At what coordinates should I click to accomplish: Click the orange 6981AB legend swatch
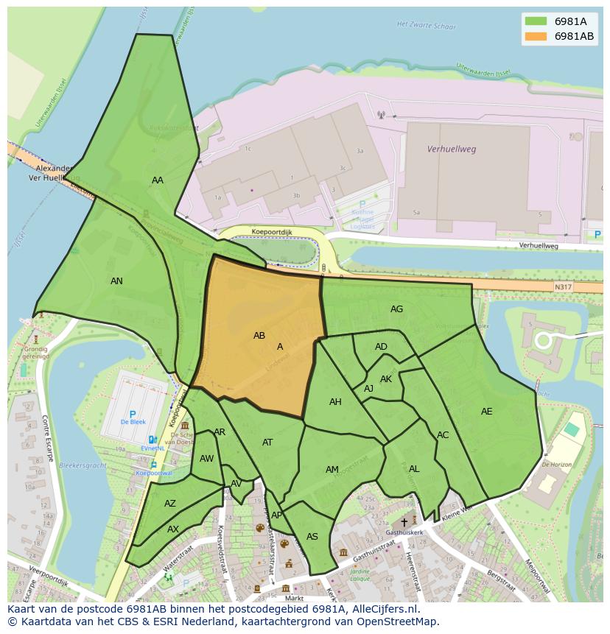(536, 36)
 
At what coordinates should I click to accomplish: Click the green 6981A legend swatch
(536, 21)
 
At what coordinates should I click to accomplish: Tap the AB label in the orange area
(259, 336)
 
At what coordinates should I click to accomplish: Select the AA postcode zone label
(158, 180)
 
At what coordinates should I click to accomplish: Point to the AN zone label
(116, 281)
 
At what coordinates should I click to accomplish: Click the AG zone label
(396, 309)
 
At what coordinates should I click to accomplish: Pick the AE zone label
(486, 412)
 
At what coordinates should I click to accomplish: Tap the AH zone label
(335, 402)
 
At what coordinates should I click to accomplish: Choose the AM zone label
(332, 470)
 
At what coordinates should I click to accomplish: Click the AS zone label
(312, 537)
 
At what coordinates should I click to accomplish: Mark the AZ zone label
(170, 504)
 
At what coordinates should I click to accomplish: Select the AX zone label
(173, 529)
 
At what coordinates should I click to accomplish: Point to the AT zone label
(267, 443)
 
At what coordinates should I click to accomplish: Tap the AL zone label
(414, 469)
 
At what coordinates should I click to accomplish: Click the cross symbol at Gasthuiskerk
(404, 521)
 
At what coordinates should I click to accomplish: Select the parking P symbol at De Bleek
(133, 415)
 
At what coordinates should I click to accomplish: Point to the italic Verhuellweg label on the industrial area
(452, 149)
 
